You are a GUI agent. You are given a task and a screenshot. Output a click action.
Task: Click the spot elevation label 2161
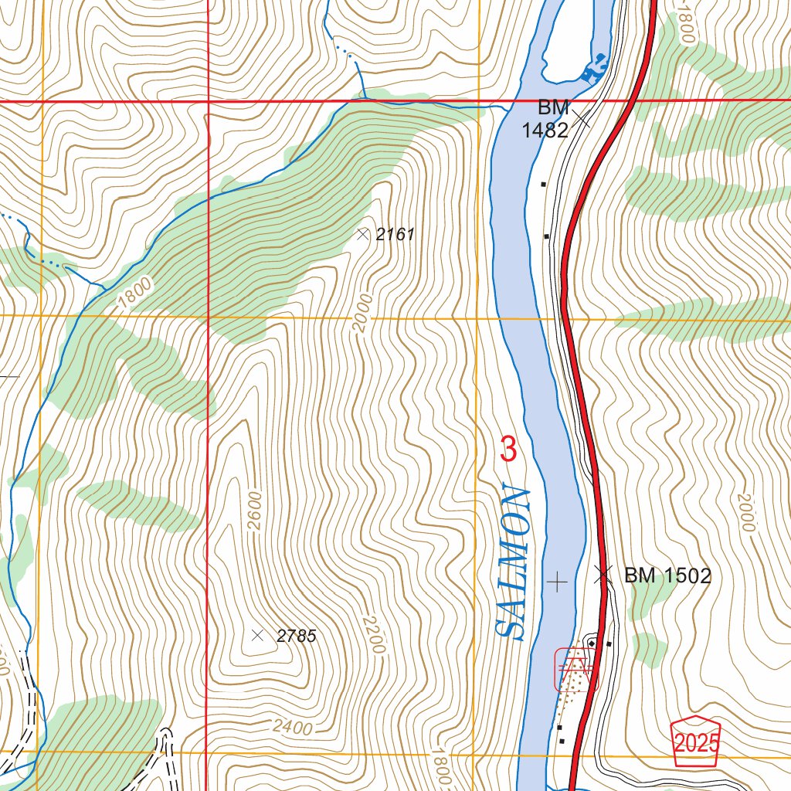tap(395, 234)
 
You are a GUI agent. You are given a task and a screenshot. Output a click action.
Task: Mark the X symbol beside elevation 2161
tap(363, 233)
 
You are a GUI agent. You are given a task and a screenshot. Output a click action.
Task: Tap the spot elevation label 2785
tap(297, 637)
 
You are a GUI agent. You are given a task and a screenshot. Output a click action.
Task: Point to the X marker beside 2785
tap(258, 635)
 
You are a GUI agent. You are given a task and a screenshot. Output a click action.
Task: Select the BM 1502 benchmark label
tap(667, 575)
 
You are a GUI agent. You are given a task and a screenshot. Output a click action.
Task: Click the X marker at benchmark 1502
tap(603, 574)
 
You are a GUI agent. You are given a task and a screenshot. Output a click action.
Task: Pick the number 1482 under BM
tap(545, 131)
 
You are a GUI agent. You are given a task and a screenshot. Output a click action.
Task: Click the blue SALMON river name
tap(513, 562)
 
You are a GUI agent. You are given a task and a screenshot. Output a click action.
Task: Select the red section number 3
tap(508, 450)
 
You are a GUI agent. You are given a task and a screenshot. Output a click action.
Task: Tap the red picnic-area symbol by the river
tap(576, 669)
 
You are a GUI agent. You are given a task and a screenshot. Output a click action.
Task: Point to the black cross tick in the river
tap(556, 580)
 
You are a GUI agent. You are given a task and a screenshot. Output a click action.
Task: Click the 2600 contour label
tap(256, 512)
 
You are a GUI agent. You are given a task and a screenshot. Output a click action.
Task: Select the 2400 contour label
tap(292, 728)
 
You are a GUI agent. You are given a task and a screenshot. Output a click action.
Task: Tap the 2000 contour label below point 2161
tap(362, 313)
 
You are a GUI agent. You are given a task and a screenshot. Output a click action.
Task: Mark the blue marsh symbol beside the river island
tap(593, 70)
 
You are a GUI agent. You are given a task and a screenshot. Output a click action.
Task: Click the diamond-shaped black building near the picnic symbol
tap(592, 643)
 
